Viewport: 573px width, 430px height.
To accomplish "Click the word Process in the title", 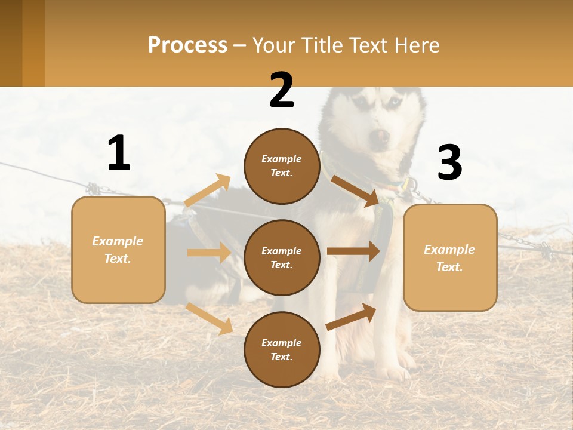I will coord(187,45).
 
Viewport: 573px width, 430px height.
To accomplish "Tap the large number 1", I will coord(119,153).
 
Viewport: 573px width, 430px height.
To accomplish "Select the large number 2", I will coord(282,90).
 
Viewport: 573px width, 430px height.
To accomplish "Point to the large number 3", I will coord(449,163).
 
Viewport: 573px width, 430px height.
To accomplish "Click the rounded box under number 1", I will coord(118,250).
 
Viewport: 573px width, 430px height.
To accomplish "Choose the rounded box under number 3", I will coord(450,257).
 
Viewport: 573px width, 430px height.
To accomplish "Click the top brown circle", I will coord(282,166).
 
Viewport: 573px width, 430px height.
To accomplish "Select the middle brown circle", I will coord(282,257).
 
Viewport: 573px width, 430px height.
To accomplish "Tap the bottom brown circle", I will coord(282,349).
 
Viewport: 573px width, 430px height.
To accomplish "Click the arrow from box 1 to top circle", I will coord(208,191).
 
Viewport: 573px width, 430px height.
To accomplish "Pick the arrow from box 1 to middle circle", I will coord(209,253).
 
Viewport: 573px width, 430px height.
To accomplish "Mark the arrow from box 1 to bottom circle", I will coord(210,318).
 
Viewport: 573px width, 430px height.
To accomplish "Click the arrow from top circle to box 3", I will coord(356,191).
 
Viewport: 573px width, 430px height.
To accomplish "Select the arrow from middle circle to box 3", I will coord(353,251).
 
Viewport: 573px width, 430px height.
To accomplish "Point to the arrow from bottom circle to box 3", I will coord(352,317).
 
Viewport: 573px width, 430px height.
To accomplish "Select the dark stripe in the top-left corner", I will coord(11,43).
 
